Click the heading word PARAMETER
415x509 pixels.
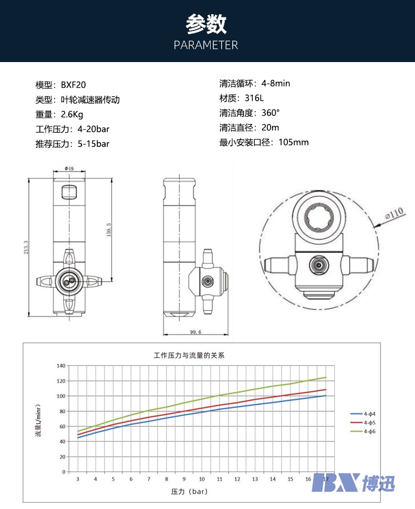coord(206,45)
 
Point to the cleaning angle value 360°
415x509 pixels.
coord(271,113)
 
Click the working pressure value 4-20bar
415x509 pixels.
coord(93,129)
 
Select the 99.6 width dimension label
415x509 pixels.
coord(196,332)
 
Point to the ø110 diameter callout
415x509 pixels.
coord(394,213)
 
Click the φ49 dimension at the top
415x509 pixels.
coord(69,168)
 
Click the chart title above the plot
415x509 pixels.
coord(189,355)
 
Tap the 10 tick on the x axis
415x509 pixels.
coord(202,479)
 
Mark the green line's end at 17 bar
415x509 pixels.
coord(326,378)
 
